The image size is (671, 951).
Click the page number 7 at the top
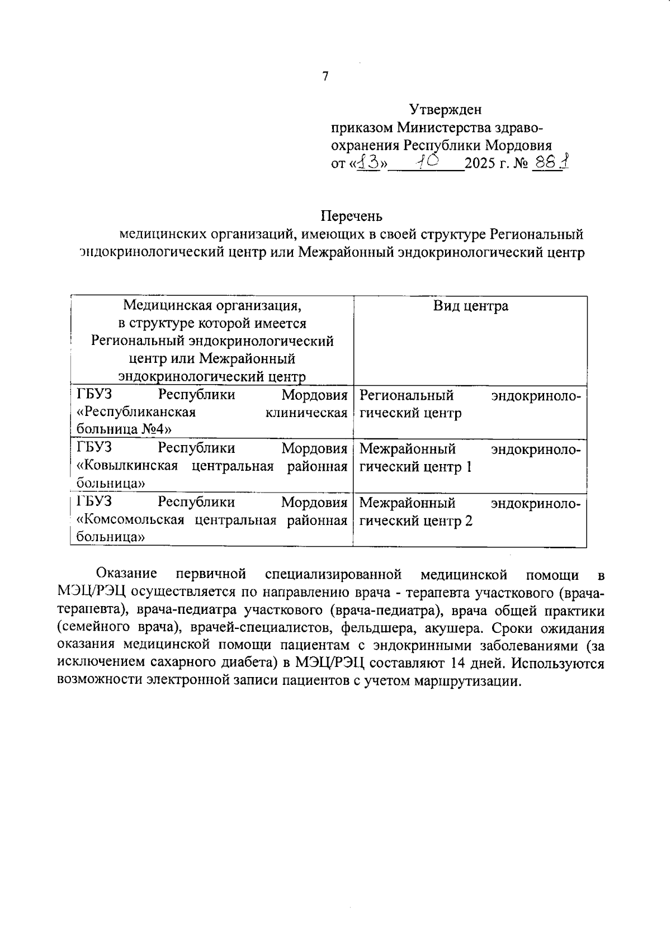click(325, 77)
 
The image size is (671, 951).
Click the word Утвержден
click(445, 109)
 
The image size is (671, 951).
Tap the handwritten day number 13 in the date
click(368, 162)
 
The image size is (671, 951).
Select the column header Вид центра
click(470, 306)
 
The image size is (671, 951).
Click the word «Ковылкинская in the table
click(127, 466)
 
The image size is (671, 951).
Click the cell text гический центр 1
click(415, 467)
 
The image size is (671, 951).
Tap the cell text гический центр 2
click(415, 521)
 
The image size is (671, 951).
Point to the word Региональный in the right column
click(406, 395)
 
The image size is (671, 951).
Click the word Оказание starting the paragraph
click(126, 574)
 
